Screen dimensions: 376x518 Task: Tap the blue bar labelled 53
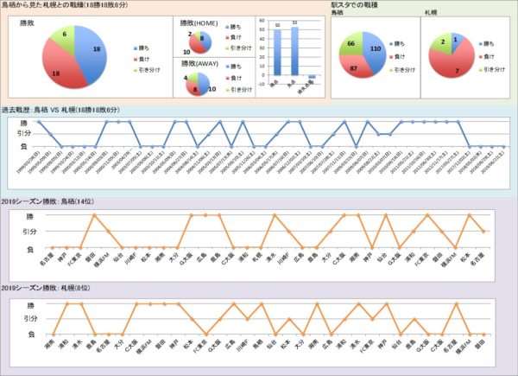pyautogui.click(x=295, y=53)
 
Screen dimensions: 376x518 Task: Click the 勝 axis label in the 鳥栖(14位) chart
pyautogui.click(x=32, y=215)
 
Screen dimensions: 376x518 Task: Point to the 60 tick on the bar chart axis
pyautogui.click(x=264, y=23)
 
